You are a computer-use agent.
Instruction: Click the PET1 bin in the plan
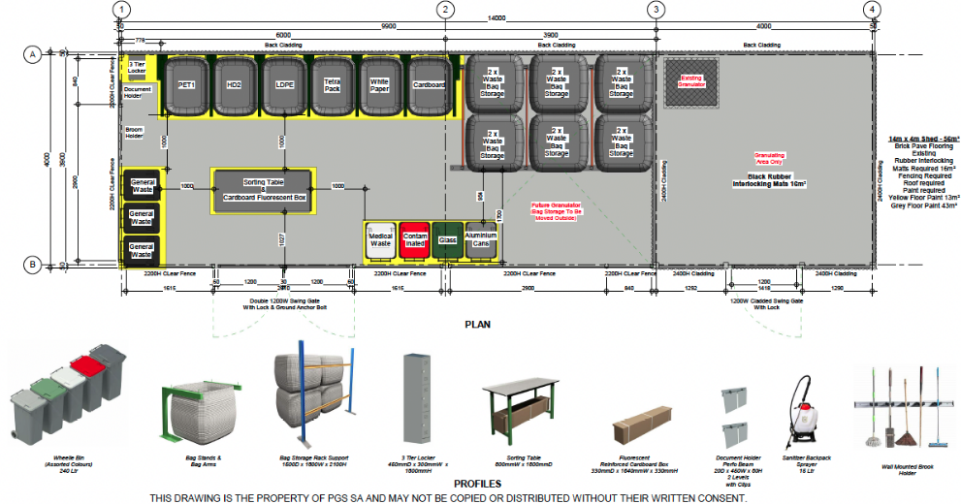[x=186, y=85]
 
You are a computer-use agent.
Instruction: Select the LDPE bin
[x=285, y=85]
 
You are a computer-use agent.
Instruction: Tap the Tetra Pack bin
[x=333, y=85]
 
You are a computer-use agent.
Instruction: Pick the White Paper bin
[x=380, y=85]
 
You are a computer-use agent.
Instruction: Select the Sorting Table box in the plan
[x=264, y=190]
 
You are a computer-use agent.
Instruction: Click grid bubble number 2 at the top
[x=445, y=10]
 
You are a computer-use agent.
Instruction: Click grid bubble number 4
[x=875, y=10]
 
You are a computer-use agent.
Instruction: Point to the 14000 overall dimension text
[x=497, y=18]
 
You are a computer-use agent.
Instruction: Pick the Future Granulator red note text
[x=554, y=212]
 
